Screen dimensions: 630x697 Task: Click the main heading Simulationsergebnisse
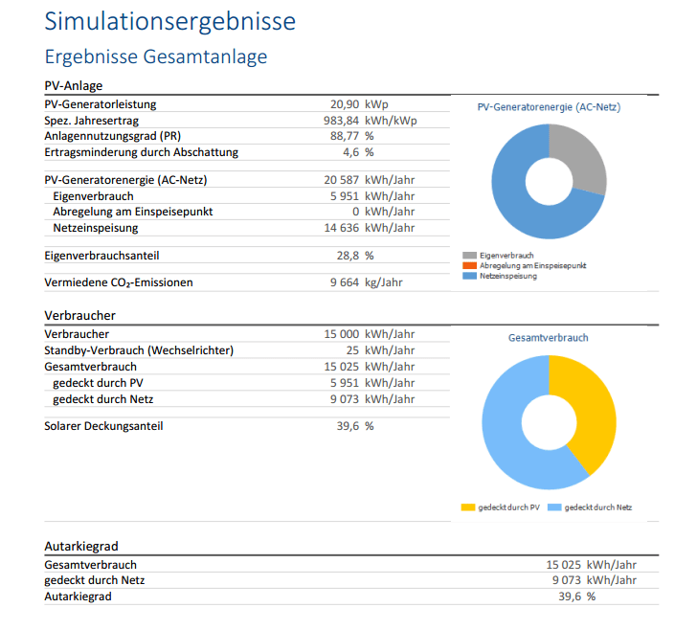point(170,21)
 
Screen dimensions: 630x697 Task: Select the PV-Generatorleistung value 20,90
point(344,103)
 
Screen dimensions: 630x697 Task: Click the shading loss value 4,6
point(350,152)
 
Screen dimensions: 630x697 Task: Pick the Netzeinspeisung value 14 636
point(342,228)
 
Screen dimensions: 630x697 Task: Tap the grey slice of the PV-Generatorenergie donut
point(582,159)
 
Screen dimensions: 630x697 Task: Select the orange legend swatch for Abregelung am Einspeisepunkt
point(469,265)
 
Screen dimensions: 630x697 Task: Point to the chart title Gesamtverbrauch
point(548,338)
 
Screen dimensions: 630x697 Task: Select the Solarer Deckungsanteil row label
point(103,426)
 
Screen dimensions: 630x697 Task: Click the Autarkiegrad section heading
point(81,546)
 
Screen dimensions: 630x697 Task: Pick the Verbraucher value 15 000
point(342,334)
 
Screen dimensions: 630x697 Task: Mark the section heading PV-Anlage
point(74,85)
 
